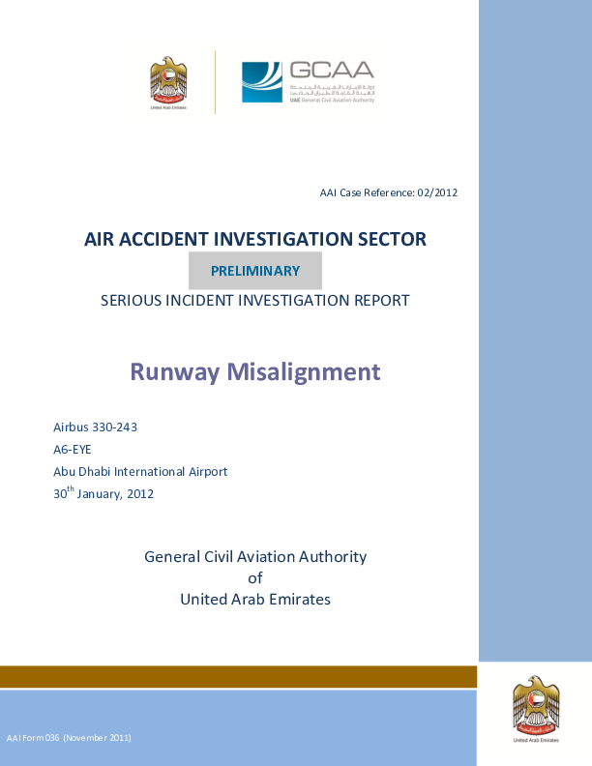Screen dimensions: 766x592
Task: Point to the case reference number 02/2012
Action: (x=437, y=193)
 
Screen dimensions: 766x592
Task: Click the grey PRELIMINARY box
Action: (x=255, y=271)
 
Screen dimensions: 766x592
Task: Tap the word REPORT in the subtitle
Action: (x=380, y=301)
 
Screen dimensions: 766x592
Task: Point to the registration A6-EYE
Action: (x=73, y=450)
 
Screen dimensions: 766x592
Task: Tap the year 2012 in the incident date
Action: (x=138, y=494)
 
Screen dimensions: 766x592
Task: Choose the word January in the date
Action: (x=100, y=494)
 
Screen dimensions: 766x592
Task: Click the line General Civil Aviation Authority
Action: (x=255, y=556)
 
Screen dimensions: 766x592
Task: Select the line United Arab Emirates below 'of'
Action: (x=255, y=600)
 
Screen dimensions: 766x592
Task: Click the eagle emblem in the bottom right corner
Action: (x=536, y=709)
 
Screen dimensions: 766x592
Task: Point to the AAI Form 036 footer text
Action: (x=69, y=738)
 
